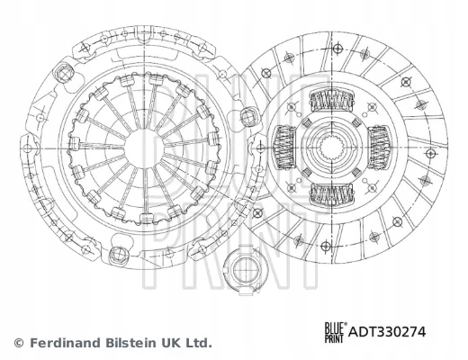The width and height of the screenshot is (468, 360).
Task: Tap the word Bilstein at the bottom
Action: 128,343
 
